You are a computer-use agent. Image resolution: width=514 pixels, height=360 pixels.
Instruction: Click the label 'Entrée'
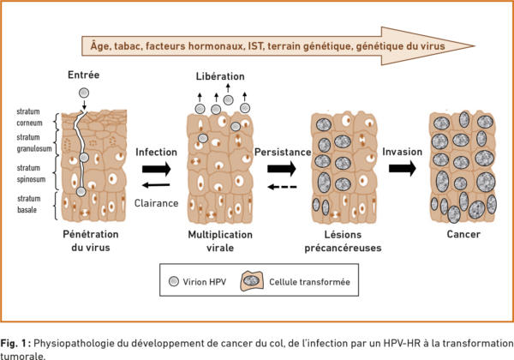(84, 77)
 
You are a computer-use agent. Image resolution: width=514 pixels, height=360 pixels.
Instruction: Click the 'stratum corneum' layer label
(31, 117)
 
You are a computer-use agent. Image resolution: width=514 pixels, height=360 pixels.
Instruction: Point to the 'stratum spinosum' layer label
(31, 172)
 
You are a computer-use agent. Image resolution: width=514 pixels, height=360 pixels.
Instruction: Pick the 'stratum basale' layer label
(31, 204)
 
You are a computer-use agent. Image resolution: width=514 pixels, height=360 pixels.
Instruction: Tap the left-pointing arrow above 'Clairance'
(154, 184)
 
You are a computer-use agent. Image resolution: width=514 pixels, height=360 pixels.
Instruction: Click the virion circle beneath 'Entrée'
(84, 93)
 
